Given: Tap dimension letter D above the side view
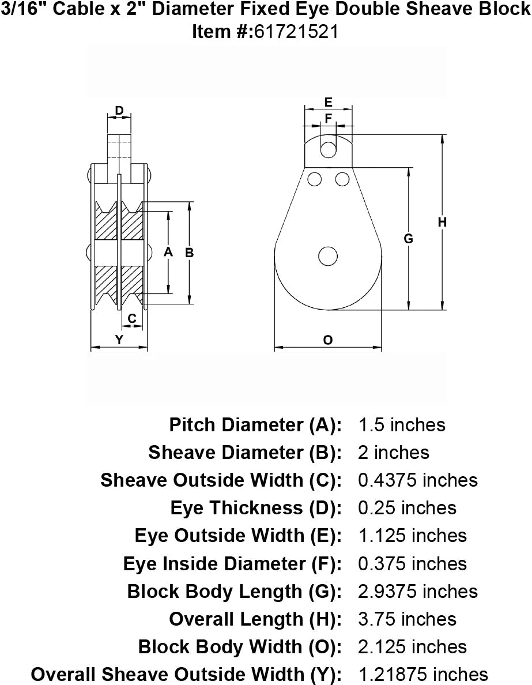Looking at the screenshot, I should point(119,111).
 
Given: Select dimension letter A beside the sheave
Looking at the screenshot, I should point(168,252).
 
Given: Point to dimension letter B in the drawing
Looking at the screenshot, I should point(189,252).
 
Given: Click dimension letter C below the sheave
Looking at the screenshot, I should point(131,318).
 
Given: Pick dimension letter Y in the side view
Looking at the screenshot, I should point(119,340).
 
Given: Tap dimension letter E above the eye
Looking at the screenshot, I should point(328,103).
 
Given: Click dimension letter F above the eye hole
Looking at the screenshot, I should point(329,118).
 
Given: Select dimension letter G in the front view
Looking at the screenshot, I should point(409,238).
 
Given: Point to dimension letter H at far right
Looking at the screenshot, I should point(442,222).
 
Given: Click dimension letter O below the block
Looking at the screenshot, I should point(327,340).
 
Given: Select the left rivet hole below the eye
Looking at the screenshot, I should point(314,179).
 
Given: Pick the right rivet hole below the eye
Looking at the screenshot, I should point(342,179).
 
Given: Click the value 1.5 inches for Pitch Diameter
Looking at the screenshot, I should point(402,425).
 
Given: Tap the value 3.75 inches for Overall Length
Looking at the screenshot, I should point(407,619).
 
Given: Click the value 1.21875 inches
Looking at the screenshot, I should point(423,674).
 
